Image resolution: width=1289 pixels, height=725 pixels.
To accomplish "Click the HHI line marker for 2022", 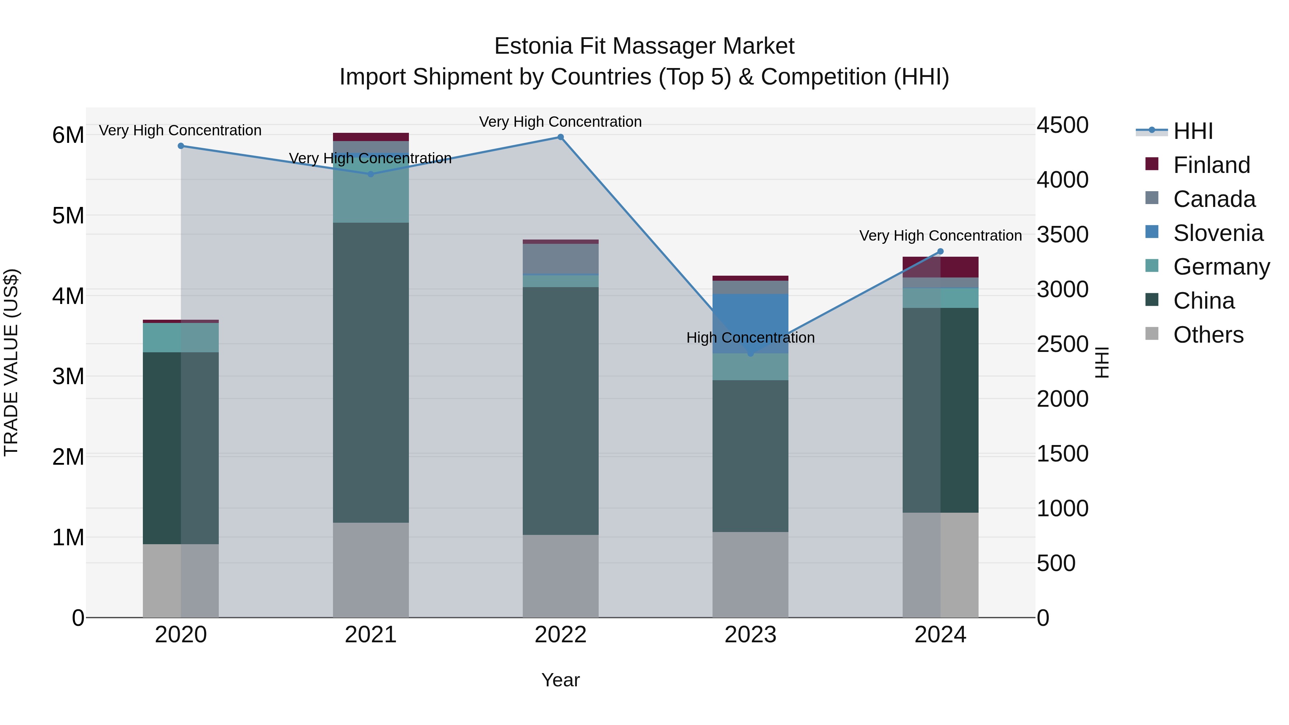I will click(560, 137).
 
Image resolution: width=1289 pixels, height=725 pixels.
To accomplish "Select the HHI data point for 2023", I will click(750, 354).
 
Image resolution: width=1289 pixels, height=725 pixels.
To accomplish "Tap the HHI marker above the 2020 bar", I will click(181, 146).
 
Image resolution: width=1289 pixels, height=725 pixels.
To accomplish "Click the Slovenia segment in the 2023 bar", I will click(750, 320).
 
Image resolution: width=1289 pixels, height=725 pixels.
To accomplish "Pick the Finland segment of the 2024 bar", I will click(940, 267).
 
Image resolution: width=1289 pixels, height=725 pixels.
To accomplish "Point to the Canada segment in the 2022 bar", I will click(560, 259).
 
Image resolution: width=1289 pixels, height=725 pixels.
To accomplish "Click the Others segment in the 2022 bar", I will click(560, 575).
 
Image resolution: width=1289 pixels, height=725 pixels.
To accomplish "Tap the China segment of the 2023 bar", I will click(750, 455).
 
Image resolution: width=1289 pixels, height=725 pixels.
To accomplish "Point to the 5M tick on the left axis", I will click(68, 216).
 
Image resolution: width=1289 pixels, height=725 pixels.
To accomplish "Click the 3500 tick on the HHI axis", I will click(1062, 235).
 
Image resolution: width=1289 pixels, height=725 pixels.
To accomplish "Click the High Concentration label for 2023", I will click(750, 338).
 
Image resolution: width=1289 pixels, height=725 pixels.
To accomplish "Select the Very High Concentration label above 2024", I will click(940, 236).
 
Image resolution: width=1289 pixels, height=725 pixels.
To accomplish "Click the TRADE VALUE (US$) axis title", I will click(11, 362).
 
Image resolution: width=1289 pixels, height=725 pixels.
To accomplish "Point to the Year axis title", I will click(560, 680).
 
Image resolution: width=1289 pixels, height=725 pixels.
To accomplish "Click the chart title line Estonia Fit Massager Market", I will click(644, 46).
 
